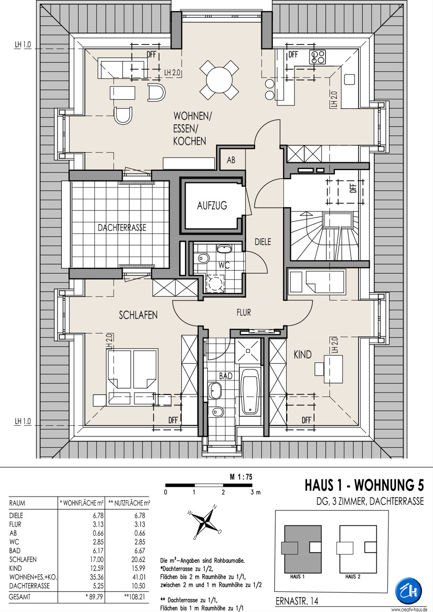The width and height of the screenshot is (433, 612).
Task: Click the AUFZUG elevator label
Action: pyautogui.click(x=212, y=205)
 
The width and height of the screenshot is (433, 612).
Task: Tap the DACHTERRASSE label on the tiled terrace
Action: pyautogui.click(x=122, y=227)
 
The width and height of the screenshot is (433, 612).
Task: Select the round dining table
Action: pyautogui.click(x=219, y=80)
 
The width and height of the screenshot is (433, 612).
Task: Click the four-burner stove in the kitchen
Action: pyautogui.click(x=317, y=57)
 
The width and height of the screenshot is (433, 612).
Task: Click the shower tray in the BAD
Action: pyautogui.click(x=248, y=351)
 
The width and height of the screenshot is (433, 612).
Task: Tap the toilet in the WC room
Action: pyautogui.click(x=203, y=258)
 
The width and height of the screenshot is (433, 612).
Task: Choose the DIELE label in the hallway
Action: pyautogui.click(x=263, y=242)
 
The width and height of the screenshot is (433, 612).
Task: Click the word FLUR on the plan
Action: pyautogui.click(x=244, y=313)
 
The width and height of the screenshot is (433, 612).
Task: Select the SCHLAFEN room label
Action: pyautogui.click(x=138, y=315)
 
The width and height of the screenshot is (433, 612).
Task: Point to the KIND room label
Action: pyautogui.click(x=302, y=355)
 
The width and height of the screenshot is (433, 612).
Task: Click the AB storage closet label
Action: pyautogui.click(x=231, y=160)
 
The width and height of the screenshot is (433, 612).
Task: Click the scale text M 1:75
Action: pyautogui.click(x=241, y=477)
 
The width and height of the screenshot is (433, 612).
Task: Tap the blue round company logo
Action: pyautogui.click(x=408, y=591)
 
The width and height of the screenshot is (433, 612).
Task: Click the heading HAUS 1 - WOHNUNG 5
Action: pyautogui.click(x=364, y=486)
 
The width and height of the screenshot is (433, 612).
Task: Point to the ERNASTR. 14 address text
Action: pyautogui.click(x=297, y=601)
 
